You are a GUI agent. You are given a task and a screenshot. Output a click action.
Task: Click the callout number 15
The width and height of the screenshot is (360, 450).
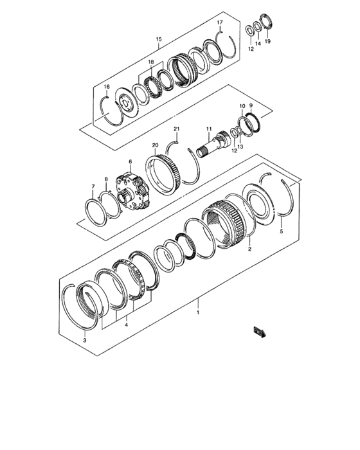159,39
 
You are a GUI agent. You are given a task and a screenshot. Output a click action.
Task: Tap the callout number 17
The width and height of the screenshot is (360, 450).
219,23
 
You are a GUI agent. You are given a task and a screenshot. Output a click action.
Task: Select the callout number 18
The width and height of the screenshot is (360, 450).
151,62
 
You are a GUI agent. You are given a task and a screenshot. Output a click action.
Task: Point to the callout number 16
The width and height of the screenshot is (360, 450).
107,86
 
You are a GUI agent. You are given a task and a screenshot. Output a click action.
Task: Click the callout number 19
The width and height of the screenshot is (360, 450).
268,41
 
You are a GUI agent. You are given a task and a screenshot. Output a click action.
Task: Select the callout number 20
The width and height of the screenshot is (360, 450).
154,145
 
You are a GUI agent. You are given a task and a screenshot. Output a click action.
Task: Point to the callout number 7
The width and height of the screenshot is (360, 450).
93,186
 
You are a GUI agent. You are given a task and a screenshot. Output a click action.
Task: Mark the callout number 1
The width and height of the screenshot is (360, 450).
199,312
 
